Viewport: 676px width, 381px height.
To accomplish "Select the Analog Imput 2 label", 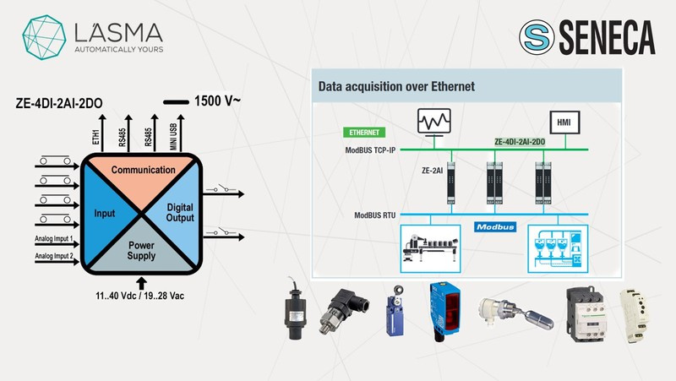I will point(55,254).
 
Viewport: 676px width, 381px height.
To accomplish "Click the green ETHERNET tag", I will point(364,133).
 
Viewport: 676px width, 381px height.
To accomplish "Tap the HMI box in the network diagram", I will point(561,120).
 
